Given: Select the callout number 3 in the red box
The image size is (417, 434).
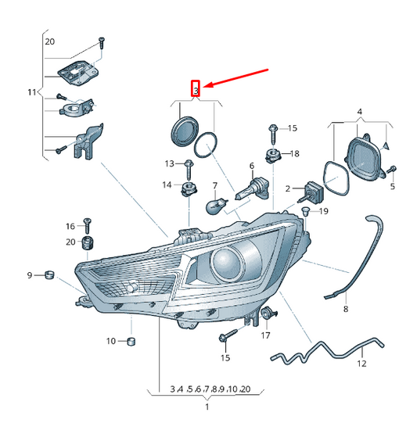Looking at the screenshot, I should point(196,88).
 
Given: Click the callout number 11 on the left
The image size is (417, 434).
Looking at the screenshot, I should point(32,92).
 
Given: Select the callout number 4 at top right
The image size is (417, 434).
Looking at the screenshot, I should point(359,113).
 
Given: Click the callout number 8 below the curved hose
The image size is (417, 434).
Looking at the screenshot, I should point(345,310).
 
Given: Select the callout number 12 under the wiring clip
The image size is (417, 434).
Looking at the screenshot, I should point(361,364).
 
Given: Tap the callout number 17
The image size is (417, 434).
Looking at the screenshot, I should point(265,335).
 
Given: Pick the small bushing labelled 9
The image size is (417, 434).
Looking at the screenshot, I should point(47,274).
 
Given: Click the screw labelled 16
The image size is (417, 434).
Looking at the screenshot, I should point(87,225).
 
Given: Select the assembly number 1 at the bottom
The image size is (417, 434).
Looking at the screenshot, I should point(207,407).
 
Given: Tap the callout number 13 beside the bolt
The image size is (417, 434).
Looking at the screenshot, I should point(169,163).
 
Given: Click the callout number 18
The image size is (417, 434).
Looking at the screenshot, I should point(295,154).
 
